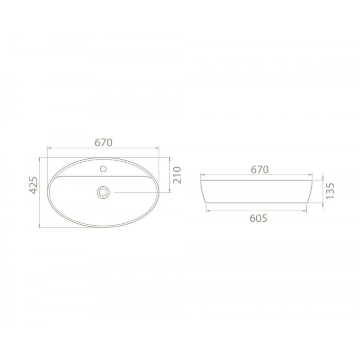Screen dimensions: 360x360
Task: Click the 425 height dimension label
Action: click(34, 185)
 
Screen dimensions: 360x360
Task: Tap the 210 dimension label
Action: click(177, 175)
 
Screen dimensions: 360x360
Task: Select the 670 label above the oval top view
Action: click(104, 143)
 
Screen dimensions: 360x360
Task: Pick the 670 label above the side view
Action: click(259, 169)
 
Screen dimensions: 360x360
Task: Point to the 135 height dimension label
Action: click(330, 191)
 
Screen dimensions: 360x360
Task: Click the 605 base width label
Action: click(258, 218)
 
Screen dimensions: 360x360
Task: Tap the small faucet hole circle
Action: click(103, 169)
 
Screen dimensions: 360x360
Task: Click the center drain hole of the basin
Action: click(103, 192)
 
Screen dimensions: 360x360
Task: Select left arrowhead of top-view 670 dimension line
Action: click(48, 148)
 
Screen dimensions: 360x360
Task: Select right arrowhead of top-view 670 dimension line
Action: click(157, 148)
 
